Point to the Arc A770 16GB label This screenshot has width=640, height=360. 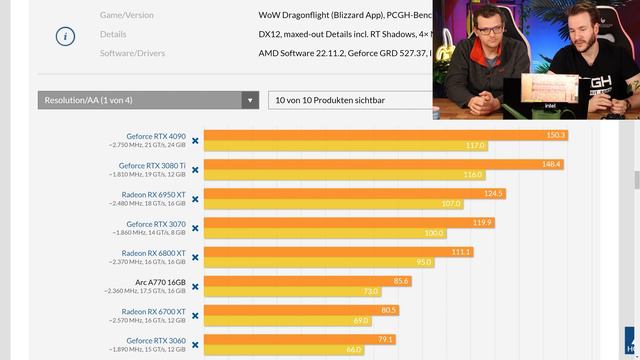tap(160, 282)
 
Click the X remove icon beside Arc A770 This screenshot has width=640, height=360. tap(195, 287)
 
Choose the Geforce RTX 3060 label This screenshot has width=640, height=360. tap(156, 340)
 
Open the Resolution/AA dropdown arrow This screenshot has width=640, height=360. tap(250, 100)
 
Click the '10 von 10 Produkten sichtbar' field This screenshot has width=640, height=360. tap(350, 100)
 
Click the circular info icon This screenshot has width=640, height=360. tap(65, 35)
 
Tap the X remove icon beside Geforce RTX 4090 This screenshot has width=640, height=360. tap(195, 141)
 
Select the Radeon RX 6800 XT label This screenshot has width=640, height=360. tap(153, 253)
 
